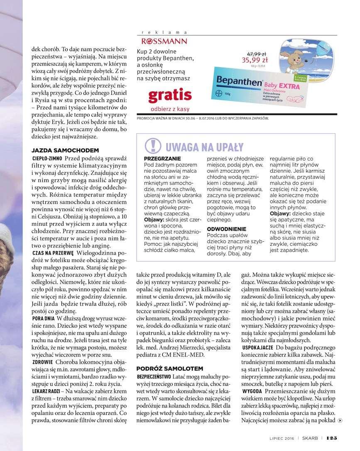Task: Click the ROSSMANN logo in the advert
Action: point(164,41)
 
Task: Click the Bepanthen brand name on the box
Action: point(238,81)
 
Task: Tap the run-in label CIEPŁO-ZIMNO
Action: point(47,159)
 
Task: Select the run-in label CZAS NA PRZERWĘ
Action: point(53,253)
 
